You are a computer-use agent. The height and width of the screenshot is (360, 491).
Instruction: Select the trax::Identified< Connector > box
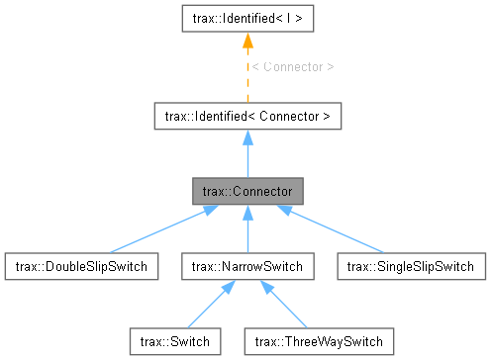[245, 117]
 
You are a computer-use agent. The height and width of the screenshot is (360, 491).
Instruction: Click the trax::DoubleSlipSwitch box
[76, 265]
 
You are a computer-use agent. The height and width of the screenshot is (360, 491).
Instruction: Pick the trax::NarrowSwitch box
[245, 265]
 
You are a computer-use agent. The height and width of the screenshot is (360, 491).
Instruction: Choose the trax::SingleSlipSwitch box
[412, 265]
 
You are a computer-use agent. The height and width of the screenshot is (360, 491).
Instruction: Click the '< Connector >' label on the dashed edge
[293, 66]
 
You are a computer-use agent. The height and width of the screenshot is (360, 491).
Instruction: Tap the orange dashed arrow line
[245, 79]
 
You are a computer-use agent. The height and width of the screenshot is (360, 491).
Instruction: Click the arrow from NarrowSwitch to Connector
[245, 232]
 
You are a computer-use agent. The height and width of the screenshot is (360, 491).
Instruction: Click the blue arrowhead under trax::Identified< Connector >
[245, 139]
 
